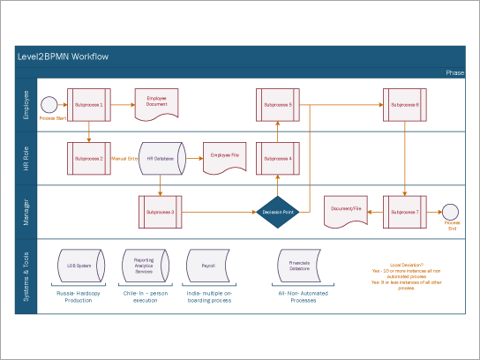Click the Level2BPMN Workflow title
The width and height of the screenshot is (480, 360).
point(64,57)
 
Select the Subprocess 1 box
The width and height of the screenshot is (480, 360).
point(89,105)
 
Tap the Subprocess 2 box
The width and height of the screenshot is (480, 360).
point(89,159)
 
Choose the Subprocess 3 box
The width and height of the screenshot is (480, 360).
point(161,212)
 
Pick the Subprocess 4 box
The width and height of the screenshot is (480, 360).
point(278,159)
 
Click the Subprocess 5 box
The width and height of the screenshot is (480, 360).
point(278,105)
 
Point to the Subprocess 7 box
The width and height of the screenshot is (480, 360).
point(404,212)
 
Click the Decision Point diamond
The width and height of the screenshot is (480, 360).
point(278,212)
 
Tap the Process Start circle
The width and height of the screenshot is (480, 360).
point(50,105)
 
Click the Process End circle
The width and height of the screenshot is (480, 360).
point(452,212)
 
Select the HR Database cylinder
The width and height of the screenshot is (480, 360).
point(161,159)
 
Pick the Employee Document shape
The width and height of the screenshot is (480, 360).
point(156,104)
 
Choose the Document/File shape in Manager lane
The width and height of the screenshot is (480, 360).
point(346,210)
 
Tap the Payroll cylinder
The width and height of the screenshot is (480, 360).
point(208,265)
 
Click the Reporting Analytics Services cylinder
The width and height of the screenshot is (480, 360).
point(144,265)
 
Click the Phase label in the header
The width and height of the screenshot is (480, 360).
point(454,73)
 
